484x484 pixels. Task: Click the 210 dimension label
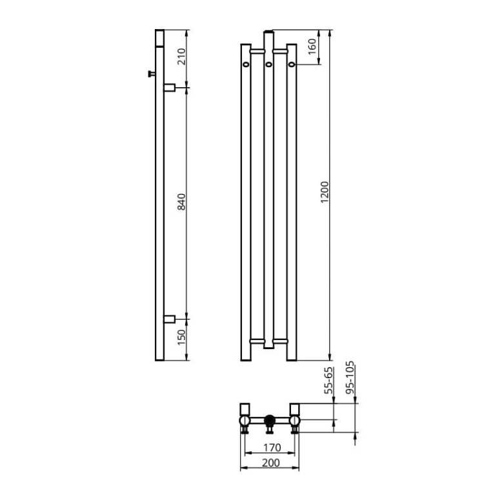click(x=181, y=57)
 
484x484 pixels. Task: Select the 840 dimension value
click(x=181, y=202)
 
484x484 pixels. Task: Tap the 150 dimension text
click(x=181, y=338)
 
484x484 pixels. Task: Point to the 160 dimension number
click(x=312, y=46)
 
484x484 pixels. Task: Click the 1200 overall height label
click(x=325, y=192)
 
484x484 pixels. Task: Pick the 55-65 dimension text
click(x=329, y=380)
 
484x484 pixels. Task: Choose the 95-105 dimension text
click(x=350, y=378)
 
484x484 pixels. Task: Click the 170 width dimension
click(x=272, y=447)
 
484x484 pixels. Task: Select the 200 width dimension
click(x=270, y=463)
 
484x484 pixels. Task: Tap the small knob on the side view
click(x=152, y=74)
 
